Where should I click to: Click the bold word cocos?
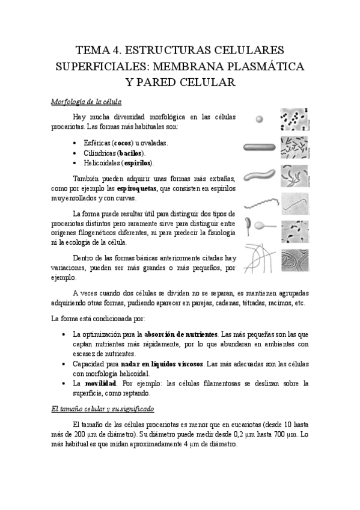(123, 143)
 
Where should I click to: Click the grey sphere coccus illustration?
(259, 119)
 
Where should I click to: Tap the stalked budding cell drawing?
(260, 228)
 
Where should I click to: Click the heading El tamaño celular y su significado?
(103, 409)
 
